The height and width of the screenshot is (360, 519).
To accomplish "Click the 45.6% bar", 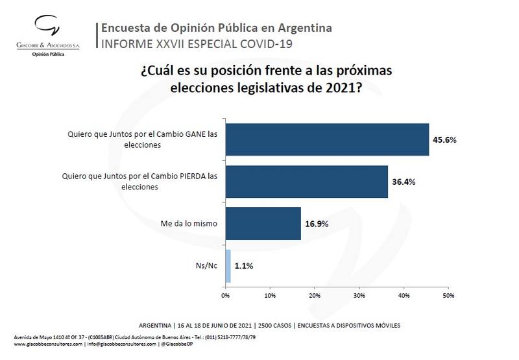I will [x=327, y=139].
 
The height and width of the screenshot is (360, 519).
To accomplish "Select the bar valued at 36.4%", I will [x=306, y=181].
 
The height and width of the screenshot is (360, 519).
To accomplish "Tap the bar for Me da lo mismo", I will [x=263, y=223].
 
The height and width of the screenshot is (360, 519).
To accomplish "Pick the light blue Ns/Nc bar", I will [x=228, y=265].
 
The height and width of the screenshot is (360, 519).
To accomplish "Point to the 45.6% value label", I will [x=445, y=139].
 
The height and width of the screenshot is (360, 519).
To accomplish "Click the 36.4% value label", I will [x=404, y=182].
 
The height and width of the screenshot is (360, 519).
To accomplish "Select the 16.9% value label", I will [x=317, y=224].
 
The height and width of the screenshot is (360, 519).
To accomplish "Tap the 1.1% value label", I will [x=244, y=265].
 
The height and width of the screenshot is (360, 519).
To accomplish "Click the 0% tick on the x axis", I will [x=226, y=296].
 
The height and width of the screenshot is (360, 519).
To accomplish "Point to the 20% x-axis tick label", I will [x=315, y=296].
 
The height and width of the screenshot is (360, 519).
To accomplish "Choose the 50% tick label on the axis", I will [x=448, y=296].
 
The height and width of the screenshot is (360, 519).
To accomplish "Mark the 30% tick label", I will [x=359, y=296].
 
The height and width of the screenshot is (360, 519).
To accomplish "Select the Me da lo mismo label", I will [x=188, y=223].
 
